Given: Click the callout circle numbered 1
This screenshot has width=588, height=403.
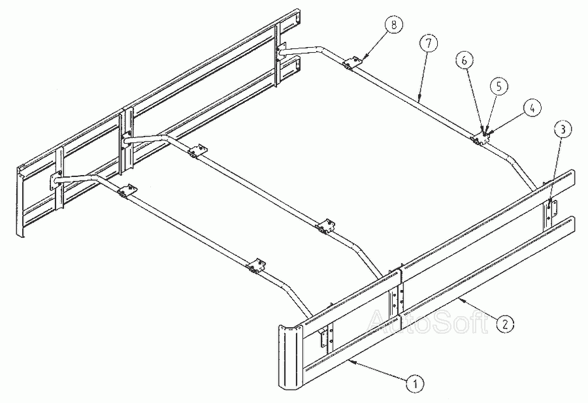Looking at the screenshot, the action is [415, 383].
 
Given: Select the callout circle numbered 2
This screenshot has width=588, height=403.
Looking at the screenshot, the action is [505, 323].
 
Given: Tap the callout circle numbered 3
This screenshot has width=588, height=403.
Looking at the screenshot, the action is [563, 129].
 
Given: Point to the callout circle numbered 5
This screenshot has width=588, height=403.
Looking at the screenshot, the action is [498, 86].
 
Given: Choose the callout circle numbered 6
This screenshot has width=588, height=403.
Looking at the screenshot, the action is [465, 60].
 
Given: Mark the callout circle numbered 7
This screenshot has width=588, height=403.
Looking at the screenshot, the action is [429, 44].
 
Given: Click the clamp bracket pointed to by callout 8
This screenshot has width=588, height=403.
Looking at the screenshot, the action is [352, 63].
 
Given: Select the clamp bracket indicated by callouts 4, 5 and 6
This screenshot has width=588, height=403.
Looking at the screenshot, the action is [480, 139].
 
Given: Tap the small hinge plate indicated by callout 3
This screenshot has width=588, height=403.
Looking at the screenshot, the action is [551, 210].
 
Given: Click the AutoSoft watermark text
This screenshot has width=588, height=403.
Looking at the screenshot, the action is [428, 321].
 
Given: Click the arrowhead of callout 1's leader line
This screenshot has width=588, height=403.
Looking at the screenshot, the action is [349, 361].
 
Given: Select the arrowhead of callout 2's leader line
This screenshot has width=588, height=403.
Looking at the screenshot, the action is [460, 299].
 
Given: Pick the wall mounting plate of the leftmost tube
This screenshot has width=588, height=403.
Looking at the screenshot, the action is [56, 180].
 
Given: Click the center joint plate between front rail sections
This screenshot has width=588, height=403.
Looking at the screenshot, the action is [396, 298].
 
